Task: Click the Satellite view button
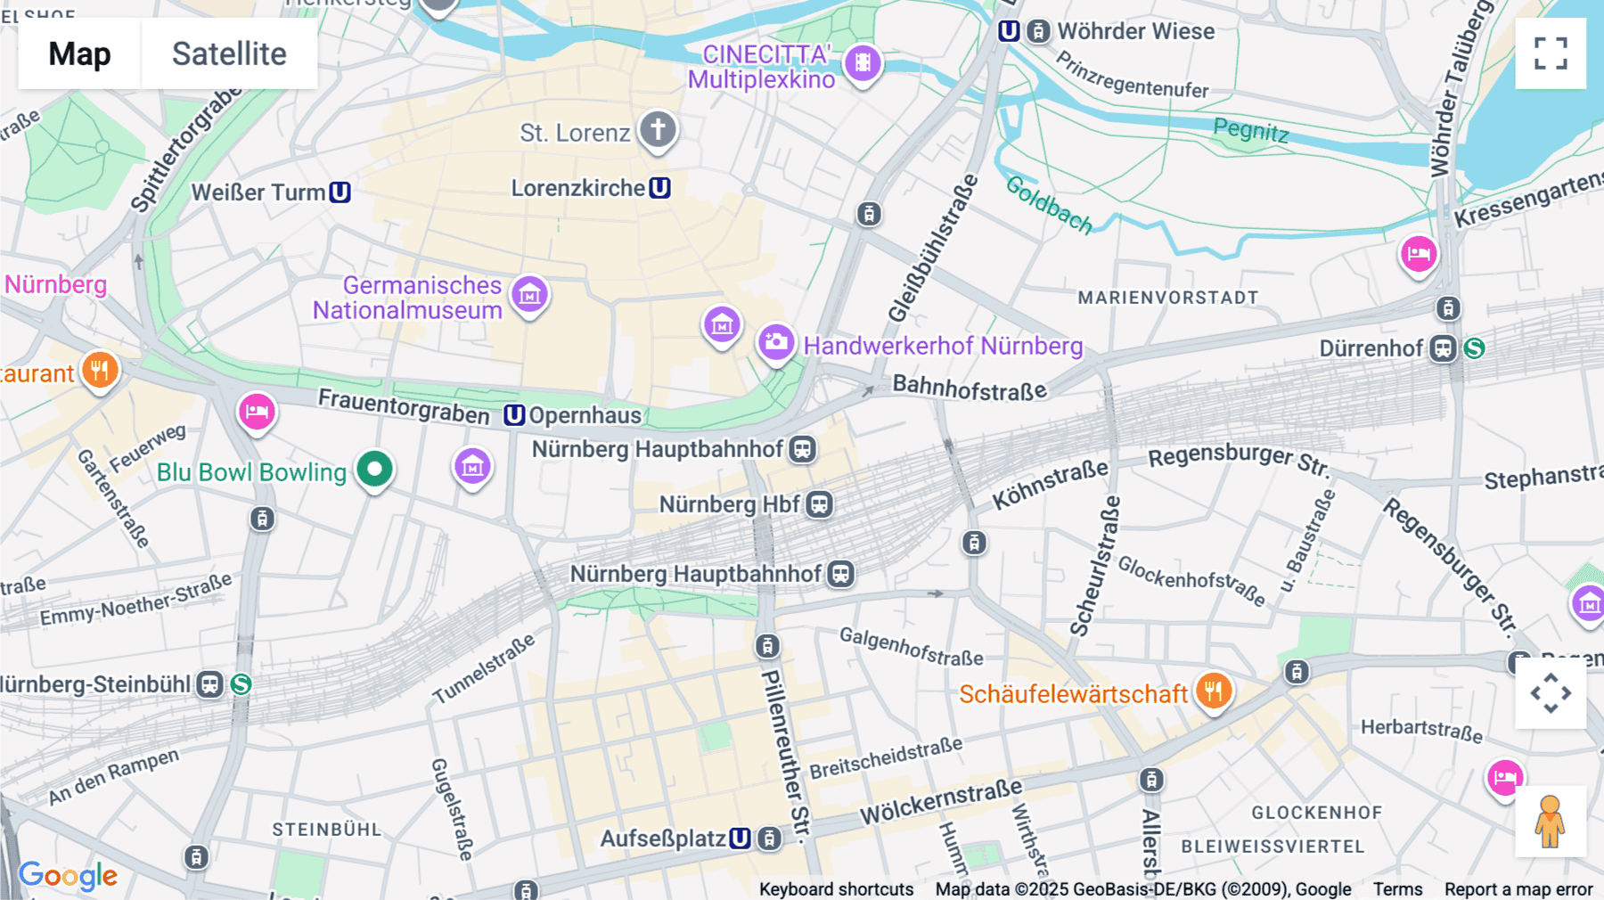pos(229,53)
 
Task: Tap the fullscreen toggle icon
pos(1551,53)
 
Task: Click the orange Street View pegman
pos(1550,822)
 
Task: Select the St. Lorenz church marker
pos(658,130)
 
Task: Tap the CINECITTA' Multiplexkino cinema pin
pos(863,63)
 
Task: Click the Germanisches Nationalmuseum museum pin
pos(529,294)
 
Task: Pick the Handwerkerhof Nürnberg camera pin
pos(776,342)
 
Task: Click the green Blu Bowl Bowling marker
pos(374,469)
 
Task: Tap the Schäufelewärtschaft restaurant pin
pos(1213,691)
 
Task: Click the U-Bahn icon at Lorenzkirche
pos(659,188)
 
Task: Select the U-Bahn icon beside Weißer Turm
pos(340,192)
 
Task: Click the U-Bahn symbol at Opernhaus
pos(514,415)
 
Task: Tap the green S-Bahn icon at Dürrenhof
pos(1474,348)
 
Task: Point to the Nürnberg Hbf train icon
pos(819,504)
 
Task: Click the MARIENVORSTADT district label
pos(1167,298)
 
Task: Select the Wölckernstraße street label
pos(940,800)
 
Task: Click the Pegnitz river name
pos(1250,130)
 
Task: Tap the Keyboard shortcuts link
pos(836,888)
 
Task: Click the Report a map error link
pos(1518,888)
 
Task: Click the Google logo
pos(68,875)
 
